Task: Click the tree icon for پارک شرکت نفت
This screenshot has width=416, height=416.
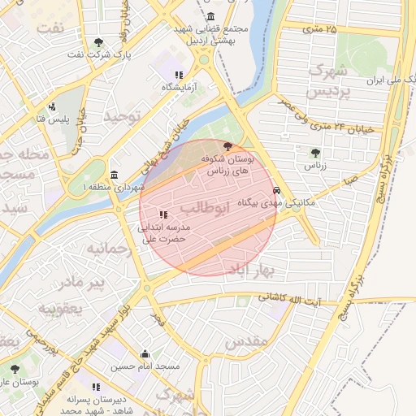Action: [99, 41]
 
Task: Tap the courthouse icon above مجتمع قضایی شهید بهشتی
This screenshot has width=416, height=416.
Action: [211, 17]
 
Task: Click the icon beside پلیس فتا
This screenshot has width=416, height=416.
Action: [53, 106]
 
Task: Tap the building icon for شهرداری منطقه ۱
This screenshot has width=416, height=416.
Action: [114, 175]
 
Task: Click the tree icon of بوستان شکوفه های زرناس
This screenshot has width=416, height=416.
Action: [227, 146]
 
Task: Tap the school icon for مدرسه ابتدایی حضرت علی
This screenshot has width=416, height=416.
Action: [163, 215]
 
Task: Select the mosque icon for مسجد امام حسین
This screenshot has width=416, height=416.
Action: [145, 353]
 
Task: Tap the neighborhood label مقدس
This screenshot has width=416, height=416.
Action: [247, 342]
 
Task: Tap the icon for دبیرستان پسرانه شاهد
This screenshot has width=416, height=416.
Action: [96, 387]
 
